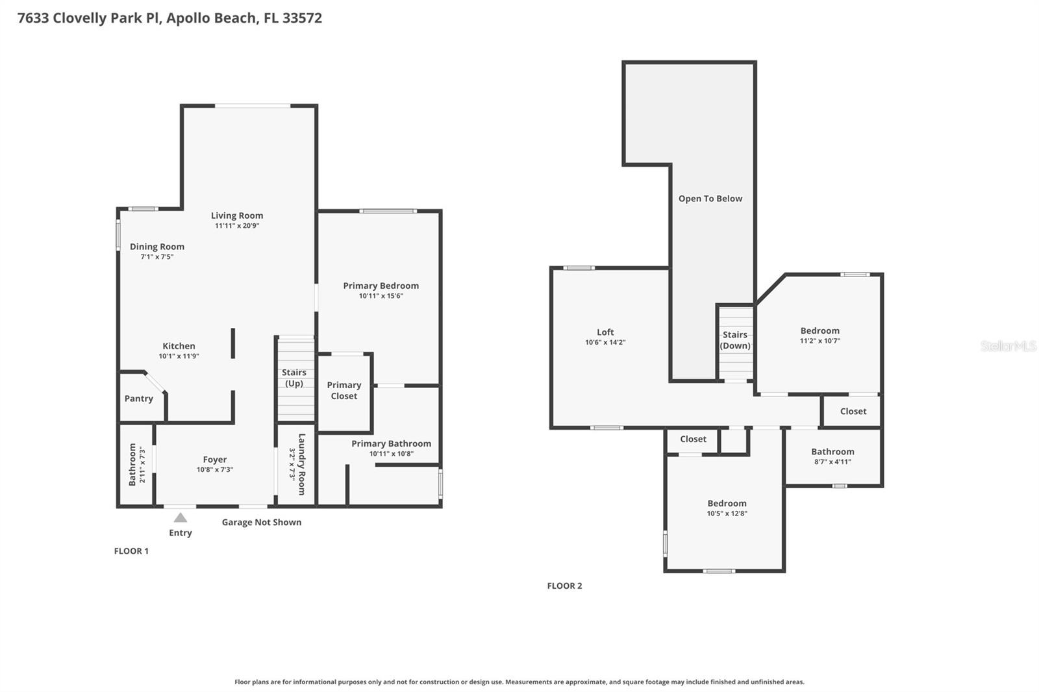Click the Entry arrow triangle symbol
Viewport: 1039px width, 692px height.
point(181,517)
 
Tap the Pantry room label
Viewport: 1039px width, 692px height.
point(139,399)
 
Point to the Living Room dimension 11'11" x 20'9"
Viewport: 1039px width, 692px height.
point(237,226)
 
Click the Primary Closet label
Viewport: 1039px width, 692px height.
point(344,390)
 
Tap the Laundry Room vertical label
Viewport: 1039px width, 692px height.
point(301,464)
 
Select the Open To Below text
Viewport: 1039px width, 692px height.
point(710,199)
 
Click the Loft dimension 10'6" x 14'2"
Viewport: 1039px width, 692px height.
point(605,342)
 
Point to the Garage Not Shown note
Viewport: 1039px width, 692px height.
point(262,522)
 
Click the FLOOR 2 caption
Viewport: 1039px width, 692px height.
point(564,586)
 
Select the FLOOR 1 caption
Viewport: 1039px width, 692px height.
point(131,551)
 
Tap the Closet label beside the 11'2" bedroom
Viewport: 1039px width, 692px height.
point(853,411)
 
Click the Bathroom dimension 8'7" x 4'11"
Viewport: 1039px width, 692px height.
point(832,462)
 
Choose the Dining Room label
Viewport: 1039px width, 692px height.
point(157,247)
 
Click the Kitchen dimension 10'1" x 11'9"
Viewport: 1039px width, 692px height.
point(179,356)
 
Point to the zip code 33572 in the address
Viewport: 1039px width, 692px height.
point(302,18)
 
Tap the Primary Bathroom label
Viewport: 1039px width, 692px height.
point(391,443)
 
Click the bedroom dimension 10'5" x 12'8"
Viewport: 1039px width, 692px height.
point(727,513)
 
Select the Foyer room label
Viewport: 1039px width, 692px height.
point(215,460)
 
